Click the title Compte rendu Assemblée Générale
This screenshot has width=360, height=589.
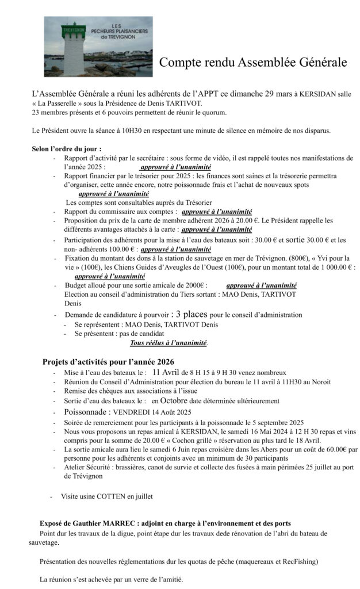tap(253, 62)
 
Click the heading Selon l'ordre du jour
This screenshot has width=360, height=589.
tap(67, 149)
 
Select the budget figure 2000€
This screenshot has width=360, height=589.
tap(194, 285)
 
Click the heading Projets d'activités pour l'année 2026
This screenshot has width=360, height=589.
tap(108, 362)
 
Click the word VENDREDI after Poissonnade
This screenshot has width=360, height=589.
tap(131, 412)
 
